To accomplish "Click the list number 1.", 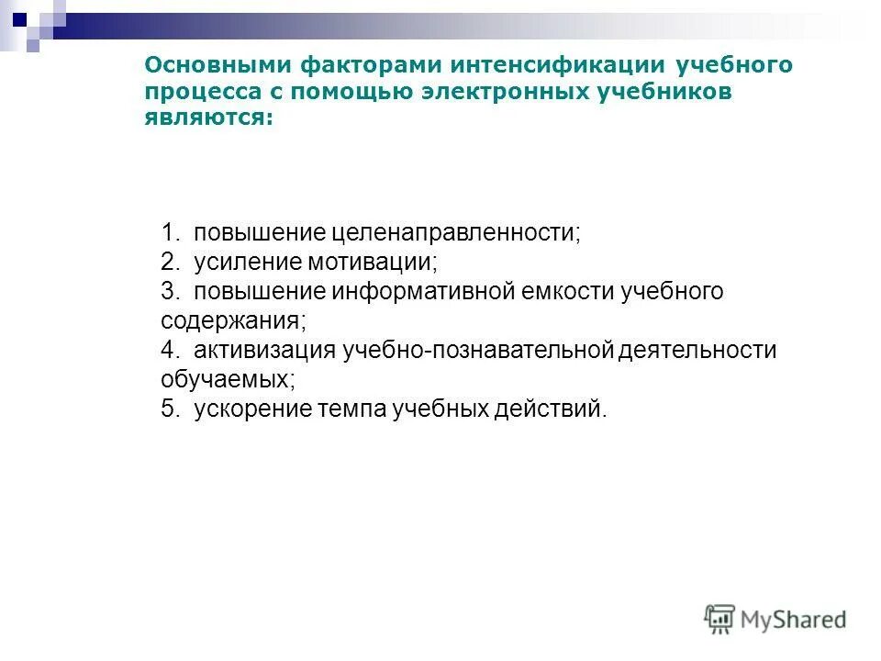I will [169, 232].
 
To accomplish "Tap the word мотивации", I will [379, 262].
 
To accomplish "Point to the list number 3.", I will [169, 292].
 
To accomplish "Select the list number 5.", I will [169, 409].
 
